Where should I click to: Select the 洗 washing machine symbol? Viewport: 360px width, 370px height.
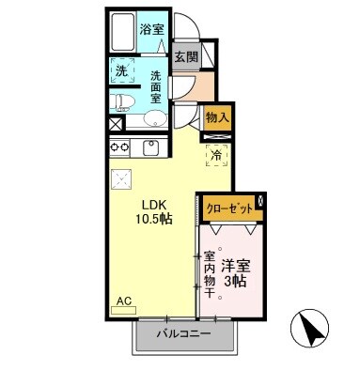coord(120,72)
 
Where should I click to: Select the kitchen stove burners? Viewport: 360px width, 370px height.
coord(119,147)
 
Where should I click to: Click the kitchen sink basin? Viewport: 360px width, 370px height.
coord(150,147)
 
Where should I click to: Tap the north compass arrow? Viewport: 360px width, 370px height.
coord(314,331)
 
